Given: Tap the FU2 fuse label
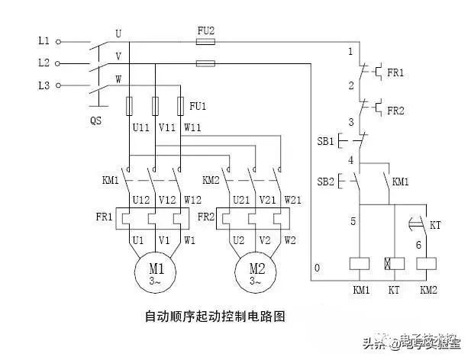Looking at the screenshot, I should coord(206,31).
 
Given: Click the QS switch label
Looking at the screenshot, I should coord(95,121).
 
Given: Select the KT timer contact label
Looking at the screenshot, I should coord(435,227).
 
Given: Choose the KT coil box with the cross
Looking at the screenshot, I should coord(394,263).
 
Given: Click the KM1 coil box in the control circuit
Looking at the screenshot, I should coord(359,263).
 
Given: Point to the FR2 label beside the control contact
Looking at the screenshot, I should coord(395,111).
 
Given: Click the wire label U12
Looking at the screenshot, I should coord(141,200).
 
